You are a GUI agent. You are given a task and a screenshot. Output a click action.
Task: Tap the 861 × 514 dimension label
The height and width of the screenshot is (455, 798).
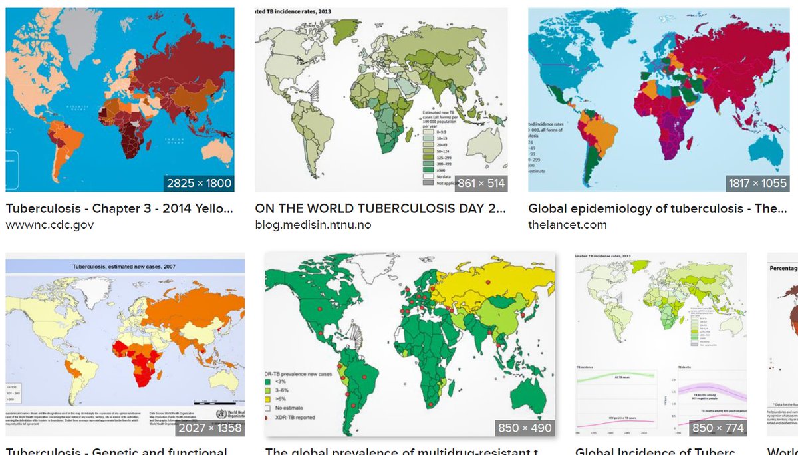(481, 183)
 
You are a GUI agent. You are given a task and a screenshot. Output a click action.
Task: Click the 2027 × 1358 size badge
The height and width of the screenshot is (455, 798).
(209, 428)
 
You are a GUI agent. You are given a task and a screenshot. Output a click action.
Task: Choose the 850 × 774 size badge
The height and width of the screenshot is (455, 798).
(718, 428)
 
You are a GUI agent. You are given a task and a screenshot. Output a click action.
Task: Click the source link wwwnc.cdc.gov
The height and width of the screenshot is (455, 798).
(49, 225)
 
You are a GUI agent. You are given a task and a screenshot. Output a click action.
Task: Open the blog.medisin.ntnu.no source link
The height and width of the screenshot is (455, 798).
(313, 225)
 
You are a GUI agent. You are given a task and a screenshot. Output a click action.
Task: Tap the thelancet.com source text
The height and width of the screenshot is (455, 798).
(567, 225)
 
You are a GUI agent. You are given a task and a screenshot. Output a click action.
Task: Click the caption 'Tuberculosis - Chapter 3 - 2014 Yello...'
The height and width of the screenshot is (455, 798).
(120, 208)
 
